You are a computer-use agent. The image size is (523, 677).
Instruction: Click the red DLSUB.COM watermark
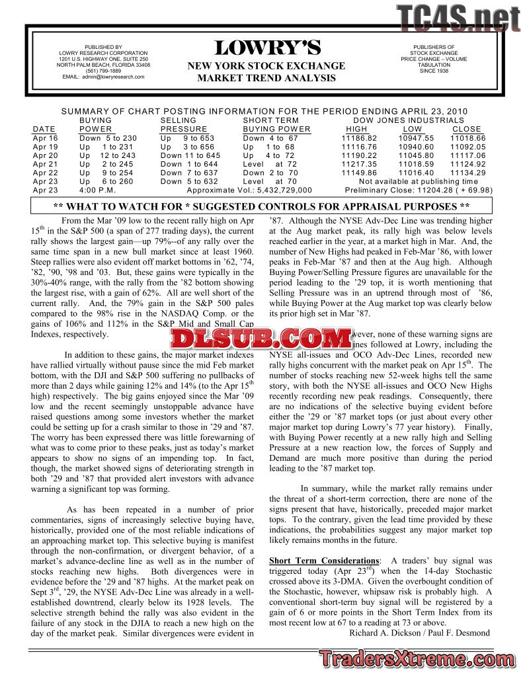pos(259,339)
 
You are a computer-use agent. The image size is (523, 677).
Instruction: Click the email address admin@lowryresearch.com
pos(103,77)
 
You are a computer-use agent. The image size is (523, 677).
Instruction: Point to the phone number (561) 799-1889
pos(103,71)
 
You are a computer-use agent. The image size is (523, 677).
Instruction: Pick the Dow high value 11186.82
pos(359,138)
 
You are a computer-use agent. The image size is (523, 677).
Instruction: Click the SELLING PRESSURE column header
pos(183,124)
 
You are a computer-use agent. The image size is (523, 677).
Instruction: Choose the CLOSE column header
pos(467,129)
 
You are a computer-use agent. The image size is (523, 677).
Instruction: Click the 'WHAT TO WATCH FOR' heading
pos(261,206)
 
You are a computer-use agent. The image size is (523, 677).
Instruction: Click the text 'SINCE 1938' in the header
pos(433,71)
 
